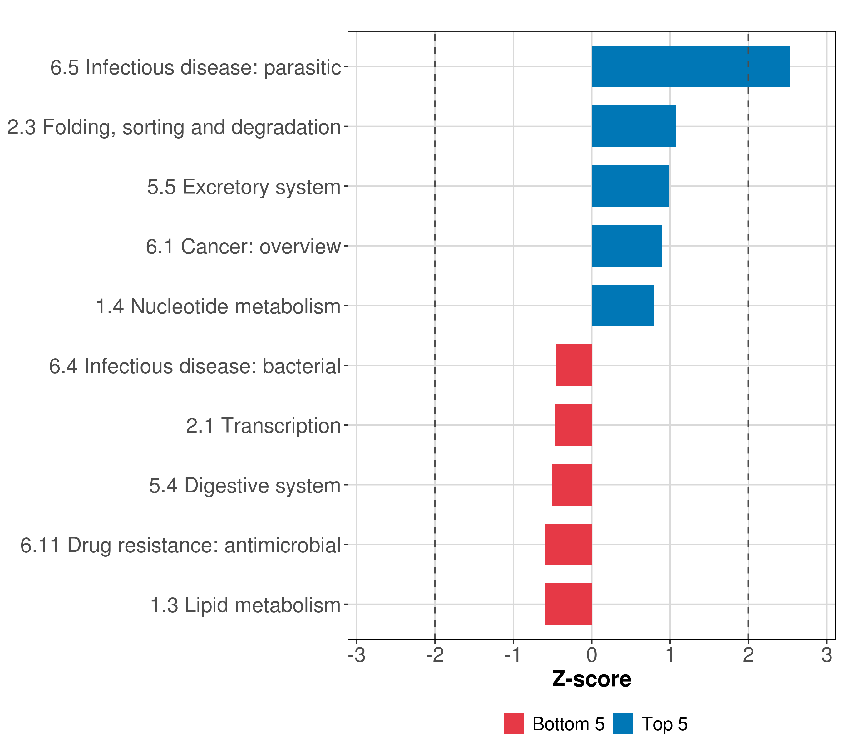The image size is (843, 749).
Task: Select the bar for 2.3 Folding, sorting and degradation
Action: tap(633, 127)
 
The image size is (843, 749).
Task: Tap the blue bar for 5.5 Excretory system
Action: tap(630, 186)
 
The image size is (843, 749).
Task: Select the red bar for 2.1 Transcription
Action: tap(573, 425)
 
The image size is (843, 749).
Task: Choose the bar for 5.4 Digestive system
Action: tap(572, 485)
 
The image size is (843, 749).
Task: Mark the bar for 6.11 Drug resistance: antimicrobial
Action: tap(568, 545)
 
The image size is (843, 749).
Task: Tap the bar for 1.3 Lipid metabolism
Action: tap(568, 604)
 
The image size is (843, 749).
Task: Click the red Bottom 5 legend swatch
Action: tap(514, 723)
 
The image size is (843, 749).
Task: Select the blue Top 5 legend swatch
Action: tap(623, 723)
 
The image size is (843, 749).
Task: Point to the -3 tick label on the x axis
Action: tap(357, 655)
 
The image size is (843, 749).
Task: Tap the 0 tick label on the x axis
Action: tap(591, 655)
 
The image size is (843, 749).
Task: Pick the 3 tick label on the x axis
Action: tap(826, 655)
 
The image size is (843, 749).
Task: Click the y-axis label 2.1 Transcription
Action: tap(263, 425)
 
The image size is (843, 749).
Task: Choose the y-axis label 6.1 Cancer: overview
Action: tap(243, 247)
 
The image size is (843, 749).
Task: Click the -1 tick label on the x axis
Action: tap(513, 655)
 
